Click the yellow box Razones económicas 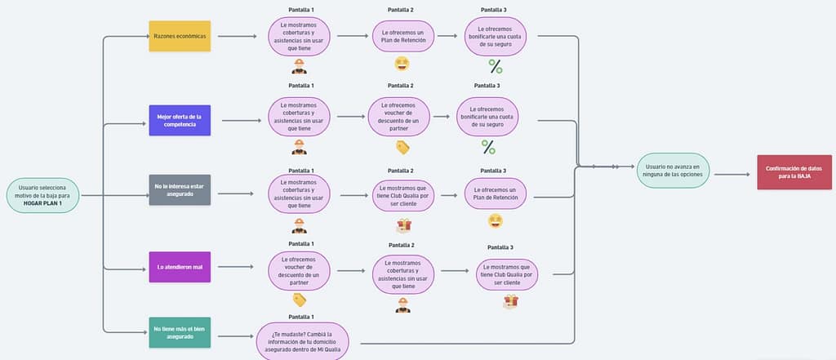coord(180,37)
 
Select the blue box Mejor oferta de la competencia coord(180,120)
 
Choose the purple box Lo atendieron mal coord(180,266)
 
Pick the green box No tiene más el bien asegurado coord(180,332)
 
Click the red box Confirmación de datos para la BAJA coord(788,172)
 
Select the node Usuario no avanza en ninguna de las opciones coord(672,171)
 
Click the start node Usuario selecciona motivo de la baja coord(42,196)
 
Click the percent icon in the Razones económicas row coord(495,66)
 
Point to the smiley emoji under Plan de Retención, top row coord(402,64)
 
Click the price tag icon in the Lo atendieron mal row coord(300,300)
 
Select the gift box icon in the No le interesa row coord(402,224)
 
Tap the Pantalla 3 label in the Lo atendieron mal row coord(500,247)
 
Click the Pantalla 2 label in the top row coord(400,10)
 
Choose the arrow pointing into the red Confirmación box coord(731,174)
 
